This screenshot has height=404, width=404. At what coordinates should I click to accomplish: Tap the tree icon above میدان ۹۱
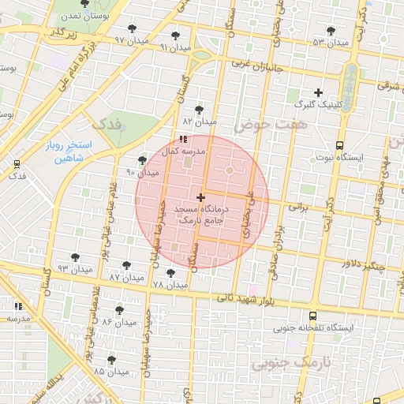pyautogui.click(x=175, y=36)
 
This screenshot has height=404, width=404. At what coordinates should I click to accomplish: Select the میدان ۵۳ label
pyautogui.click(x=331, y=42)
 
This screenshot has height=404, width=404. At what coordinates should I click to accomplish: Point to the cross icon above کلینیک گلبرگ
pyautogui.click(x=319, y=92)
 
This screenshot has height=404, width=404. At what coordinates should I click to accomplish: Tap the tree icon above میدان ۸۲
pyautogui.click(x=199, y=110)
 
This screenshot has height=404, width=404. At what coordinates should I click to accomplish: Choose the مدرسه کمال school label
pyautogui.click(x=183, y=150)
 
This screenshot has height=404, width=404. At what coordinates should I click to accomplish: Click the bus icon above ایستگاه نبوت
pyautogui.click(x=339, y=145)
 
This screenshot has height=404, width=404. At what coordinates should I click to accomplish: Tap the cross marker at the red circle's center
pyautogui.click(x=201, y=196)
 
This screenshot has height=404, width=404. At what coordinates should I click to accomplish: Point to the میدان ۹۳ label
pyautogui.click(x=75, y=270)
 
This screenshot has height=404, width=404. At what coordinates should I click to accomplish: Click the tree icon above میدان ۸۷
pyautogui.click(x=126, y=265)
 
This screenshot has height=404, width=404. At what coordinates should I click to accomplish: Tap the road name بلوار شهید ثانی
pyautogui.click(x=245, y=297)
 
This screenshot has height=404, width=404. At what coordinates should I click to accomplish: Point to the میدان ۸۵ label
pyautogui.click(x=110, y=371)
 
